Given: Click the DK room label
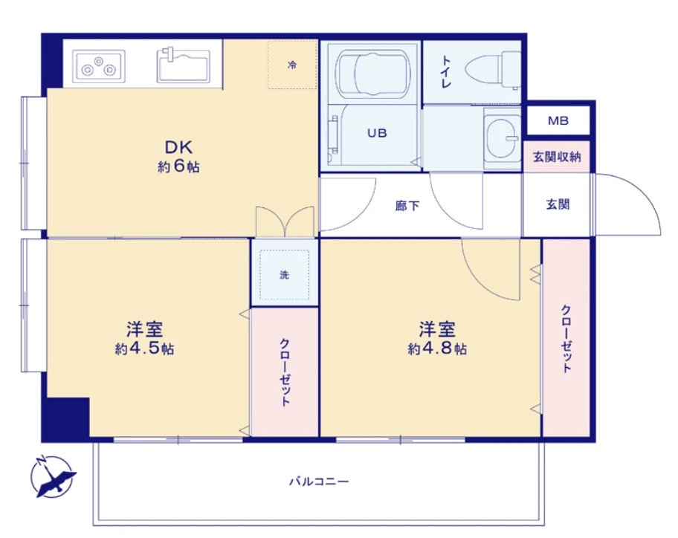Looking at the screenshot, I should pos(178,146).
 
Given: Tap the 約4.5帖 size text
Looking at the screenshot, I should pos(144,349).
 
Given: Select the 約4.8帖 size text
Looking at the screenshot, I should pos(437,349).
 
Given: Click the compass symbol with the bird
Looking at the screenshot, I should pos(53,476).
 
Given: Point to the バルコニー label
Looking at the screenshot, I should pos(319,482).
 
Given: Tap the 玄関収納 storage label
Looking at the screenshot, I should pos(557,158).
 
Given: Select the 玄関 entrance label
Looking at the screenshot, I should pos(558,204).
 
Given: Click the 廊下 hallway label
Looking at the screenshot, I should pos(407,205).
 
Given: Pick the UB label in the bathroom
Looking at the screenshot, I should pos(376,134).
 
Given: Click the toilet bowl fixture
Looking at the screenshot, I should pos(494,68).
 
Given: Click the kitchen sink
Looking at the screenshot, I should pos(185,65).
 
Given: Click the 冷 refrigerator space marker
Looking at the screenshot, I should pos(292,65).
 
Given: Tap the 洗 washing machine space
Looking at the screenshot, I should pos(284,274).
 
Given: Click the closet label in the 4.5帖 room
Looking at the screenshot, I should pos(285,372).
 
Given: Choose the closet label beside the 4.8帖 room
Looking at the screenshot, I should pos(566,339).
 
